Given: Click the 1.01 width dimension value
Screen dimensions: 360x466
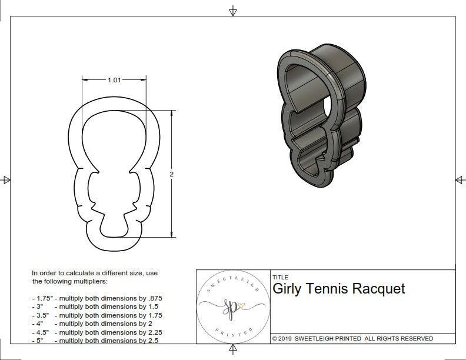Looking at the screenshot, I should [115, 81].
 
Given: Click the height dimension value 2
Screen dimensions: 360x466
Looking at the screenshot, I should [172, 175].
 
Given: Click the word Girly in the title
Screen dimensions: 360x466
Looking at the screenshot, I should [287, 289].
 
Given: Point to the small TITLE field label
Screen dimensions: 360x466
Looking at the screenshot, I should [280, 278].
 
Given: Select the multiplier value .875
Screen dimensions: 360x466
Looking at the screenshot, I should [154, 298].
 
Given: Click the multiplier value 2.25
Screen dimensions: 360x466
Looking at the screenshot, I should [154, 332].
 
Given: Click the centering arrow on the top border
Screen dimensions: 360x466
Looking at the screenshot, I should [233, 11].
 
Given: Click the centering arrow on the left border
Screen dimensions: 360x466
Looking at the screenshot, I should [6, 179].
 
